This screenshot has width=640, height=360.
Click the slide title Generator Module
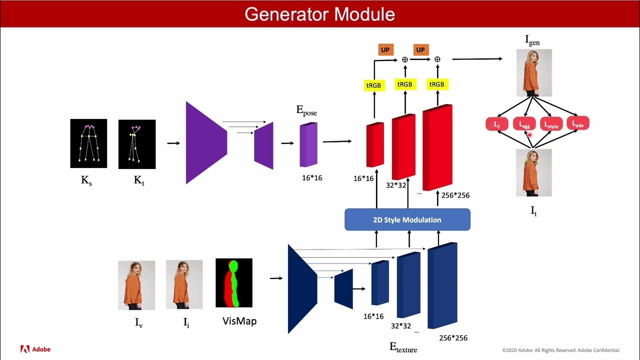click(x=319, y=14)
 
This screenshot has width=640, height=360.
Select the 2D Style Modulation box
click(x=407, y=219)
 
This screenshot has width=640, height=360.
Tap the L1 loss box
click(x=497, y=123)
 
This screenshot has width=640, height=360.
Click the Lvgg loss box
click(x=524, y=123)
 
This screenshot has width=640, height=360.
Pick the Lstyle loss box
click(x=551, y=123)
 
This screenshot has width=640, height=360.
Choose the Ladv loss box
click(x=578, y=123)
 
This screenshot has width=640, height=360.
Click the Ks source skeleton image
click(x=88, y=143)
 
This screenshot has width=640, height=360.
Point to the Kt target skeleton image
click(x=137, y=144)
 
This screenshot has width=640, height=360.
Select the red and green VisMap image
click(x=234, y=282)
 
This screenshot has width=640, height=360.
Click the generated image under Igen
click(x=534, y=72)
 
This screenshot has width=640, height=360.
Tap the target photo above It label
click(x=534, y=172)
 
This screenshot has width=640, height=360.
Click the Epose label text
click(x=306, y=111)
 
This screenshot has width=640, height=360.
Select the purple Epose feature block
click(x=308, y=144)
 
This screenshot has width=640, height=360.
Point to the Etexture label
click(x=403, y=347)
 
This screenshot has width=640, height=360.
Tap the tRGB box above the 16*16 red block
click(x=373, y=85)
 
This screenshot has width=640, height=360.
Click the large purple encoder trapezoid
click(x=206, y=143)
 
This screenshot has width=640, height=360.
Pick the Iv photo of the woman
click(x=136, y=285)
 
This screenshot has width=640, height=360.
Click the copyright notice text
click(x=560, y=350)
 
